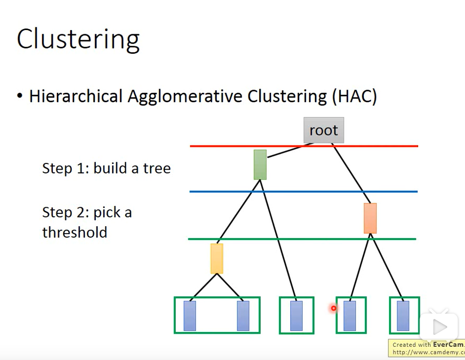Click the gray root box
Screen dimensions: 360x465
click(x=323, y=130)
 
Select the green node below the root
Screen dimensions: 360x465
click(x=260, y=164)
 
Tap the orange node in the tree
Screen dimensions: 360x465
click(x=370, y=218)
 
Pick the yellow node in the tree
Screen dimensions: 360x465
click(x=216, y=258)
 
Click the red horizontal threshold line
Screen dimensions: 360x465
click(x=237, y=146)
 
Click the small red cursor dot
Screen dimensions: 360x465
click(x=333, y=308)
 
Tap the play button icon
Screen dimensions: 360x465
click(x=439, y=327)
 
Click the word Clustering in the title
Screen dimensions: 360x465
click(x=78, y=40)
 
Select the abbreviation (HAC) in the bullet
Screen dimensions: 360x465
click(x=354, y=96)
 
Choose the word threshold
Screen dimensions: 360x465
click(x=74, y=232)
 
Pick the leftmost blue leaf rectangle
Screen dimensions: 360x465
click(x=190, y=316)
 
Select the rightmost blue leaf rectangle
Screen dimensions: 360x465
click(x=403, y=316)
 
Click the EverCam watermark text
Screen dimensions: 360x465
click(x=447, y=345)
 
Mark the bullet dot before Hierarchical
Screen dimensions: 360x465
click(x=20, y=96)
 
